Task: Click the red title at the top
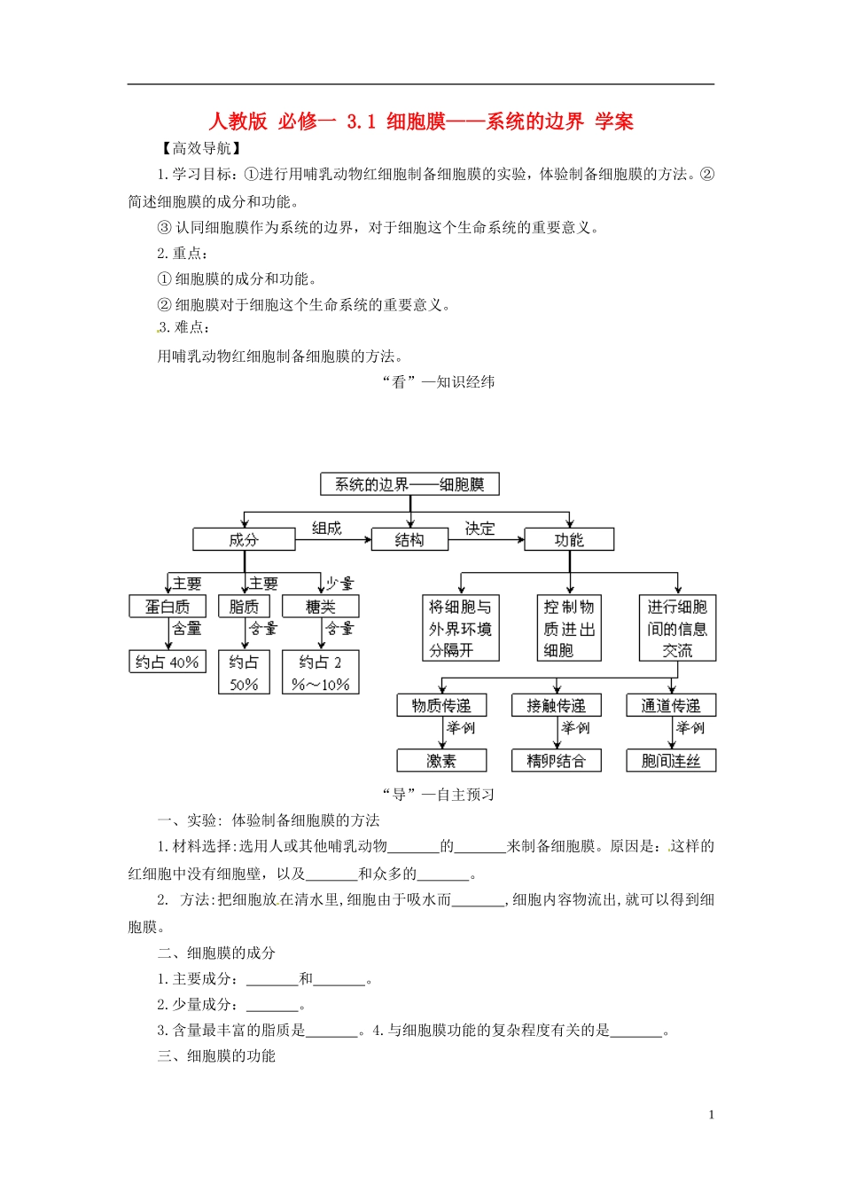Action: pos(421,122)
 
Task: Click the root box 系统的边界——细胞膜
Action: pos(409,484)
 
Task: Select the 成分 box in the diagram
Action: pos(244,539)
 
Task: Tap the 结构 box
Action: pos(409,539)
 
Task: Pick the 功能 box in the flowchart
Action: pos(569,539)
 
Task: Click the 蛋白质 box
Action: pos(168,607)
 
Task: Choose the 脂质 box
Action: pos(244,607)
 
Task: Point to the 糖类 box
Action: pos(321,607)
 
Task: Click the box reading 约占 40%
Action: pos(168,662)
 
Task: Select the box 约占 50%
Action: pos(244,673)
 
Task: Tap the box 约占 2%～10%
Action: pos(321,673)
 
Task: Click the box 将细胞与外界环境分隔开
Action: pos(461,628)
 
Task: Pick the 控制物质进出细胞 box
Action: pos(569,628)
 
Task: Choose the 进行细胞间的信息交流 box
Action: pos(677,628)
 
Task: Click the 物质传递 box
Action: pos(441,706)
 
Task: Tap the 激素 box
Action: pos(441,761)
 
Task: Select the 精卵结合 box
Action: pos(557,761)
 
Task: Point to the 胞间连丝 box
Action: pos(671,761)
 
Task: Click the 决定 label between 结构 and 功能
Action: pos(479,529)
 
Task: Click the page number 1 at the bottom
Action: pos(711,1115)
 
